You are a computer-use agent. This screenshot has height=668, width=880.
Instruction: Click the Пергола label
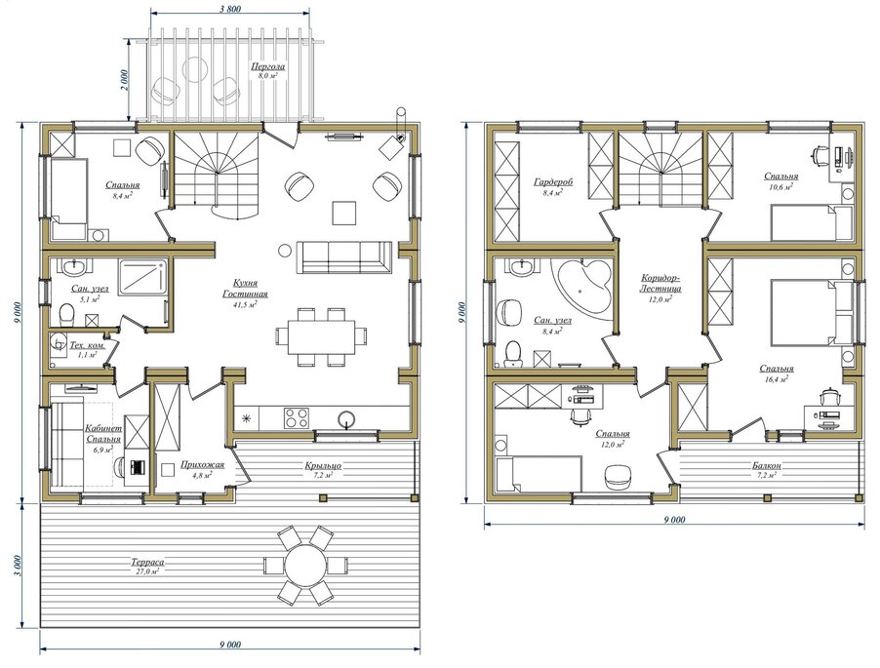[x=267, y=66]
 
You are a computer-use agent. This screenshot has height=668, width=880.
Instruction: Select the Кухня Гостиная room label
[x=245, y=289]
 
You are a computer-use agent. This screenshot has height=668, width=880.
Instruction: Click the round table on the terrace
[x=306, y=566]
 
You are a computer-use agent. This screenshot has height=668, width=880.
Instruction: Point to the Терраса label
[x=148, y=562]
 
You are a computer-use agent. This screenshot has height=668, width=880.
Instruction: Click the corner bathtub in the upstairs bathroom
[x=582, y=287]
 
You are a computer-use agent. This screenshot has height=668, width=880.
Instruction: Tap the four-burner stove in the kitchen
[x=296, y=417]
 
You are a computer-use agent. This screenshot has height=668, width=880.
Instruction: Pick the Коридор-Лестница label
[x=661, y=283]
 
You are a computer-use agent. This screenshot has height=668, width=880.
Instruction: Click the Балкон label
[x=767, y=465]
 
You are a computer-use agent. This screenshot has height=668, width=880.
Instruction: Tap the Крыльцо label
[x=323, y=465]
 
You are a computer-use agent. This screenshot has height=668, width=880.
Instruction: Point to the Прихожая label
[x=202, y=464]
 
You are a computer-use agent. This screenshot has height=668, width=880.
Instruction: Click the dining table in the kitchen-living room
[x=322, y=336]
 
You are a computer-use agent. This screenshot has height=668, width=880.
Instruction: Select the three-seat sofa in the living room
[x=344, y=256]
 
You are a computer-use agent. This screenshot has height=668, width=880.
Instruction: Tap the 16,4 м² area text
[x=777, y=378]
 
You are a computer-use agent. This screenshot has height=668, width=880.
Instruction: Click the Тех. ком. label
[x=87, y=345]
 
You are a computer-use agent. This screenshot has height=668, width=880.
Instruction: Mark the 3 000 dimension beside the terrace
[x=17, y=566]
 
